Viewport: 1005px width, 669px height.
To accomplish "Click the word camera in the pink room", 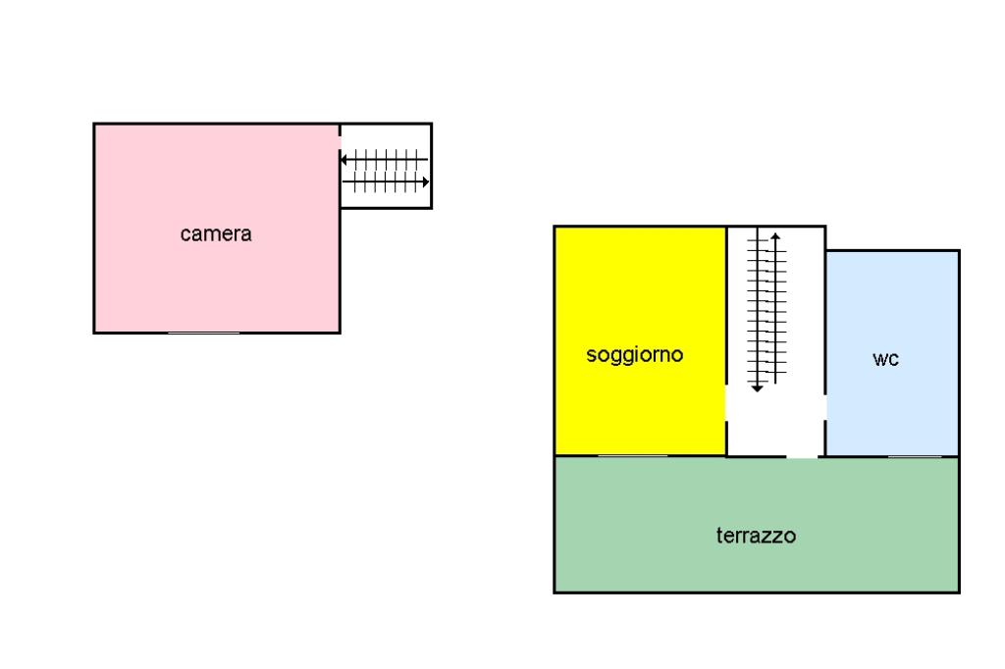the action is [x=216, y=234].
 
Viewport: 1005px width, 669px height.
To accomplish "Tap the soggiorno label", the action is [x=634, y=355].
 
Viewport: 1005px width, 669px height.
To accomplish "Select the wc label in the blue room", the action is [x=885, y=359].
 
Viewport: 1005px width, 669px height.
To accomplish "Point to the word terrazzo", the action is [x=756, y=536].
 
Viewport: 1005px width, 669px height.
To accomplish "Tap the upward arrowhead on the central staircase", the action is [x=775, y=236].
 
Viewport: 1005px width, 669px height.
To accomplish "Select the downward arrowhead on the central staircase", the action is [x=757, y=388].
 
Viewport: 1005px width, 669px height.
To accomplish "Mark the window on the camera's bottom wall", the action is [x=203, y=334].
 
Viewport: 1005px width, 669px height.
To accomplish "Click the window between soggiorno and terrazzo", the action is [x=633, y=455].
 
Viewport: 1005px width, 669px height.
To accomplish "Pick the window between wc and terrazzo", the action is [x=915, y=456].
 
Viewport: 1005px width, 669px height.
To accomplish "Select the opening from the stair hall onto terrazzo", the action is [x=802, y=456].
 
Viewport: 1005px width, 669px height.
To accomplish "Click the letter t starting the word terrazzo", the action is [x=718, y=536].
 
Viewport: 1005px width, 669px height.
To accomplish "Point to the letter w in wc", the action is [x=879, y=359].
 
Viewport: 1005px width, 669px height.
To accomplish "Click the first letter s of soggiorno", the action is [x=591, y=355].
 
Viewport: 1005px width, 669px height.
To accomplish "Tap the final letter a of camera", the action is [x=246, y=234].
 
